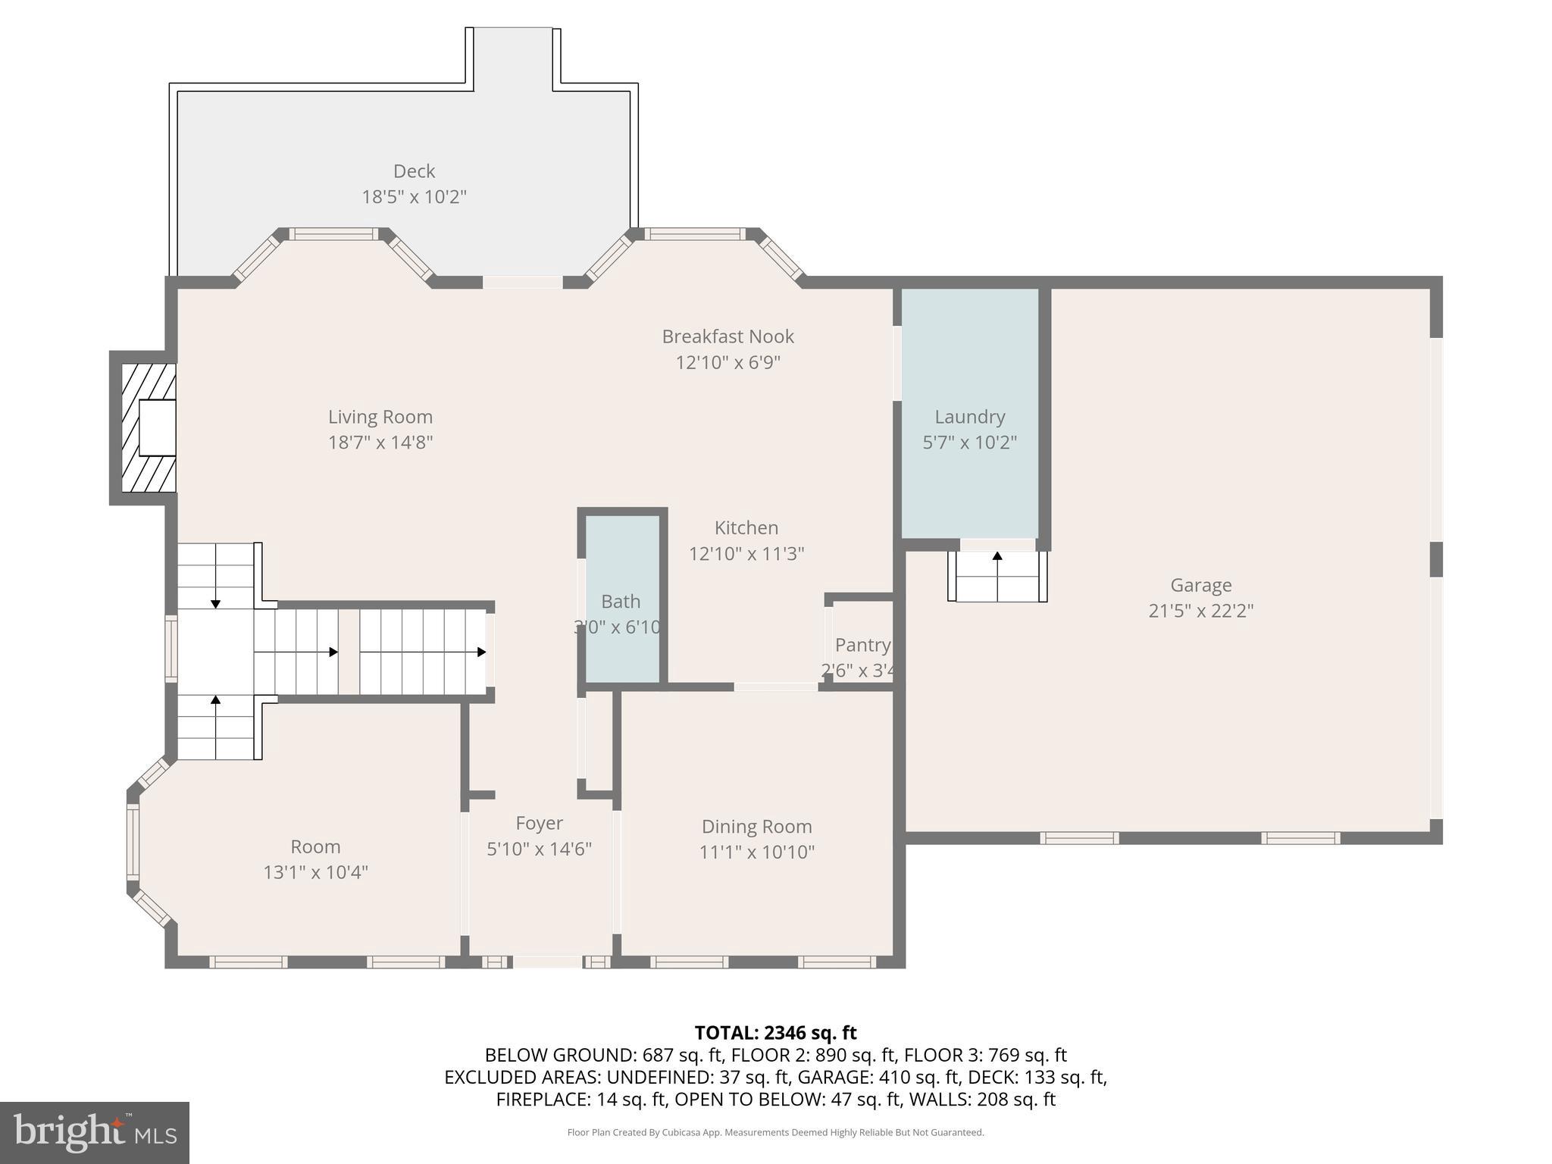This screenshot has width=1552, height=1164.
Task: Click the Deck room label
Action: click(x=414, y=171)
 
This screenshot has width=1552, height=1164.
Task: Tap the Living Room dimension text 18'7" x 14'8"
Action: click(x=380, y=443)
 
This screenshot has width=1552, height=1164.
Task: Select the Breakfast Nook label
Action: click(x=727, y=336)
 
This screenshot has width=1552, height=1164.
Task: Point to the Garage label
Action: click(x=1200, y=585)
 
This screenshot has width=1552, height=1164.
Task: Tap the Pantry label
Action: click(x=862, y=645)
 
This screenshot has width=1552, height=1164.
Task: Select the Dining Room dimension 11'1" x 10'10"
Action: click(x=756, y=853)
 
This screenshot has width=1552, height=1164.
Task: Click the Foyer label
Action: click(x=539, y=823)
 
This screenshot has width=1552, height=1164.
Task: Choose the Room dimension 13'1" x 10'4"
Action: click(x=315, y=872)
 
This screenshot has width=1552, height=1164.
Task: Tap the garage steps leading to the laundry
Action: click(x=997, y=577)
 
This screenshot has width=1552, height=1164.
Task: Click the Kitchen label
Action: click(x=746, y=527)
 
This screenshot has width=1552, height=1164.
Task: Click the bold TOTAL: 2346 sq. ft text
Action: click(x=775, y=1033)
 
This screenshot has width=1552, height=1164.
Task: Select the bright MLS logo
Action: click(x=94, y=1133)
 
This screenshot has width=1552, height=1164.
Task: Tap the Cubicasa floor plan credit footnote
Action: click(x=775, y=1133)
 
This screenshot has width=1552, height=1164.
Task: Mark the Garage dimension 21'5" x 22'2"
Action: click(x=1200, y=611)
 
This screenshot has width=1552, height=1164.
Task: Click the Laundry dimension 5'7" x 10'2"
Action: click(x=969, y=443)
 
